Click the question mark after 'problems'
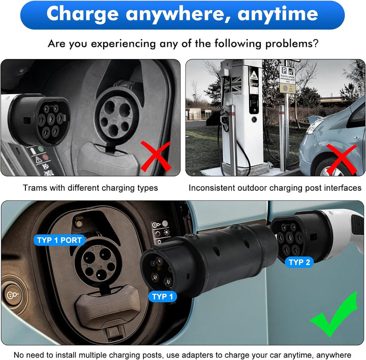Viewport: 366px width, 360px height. (x=316, y=44)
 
